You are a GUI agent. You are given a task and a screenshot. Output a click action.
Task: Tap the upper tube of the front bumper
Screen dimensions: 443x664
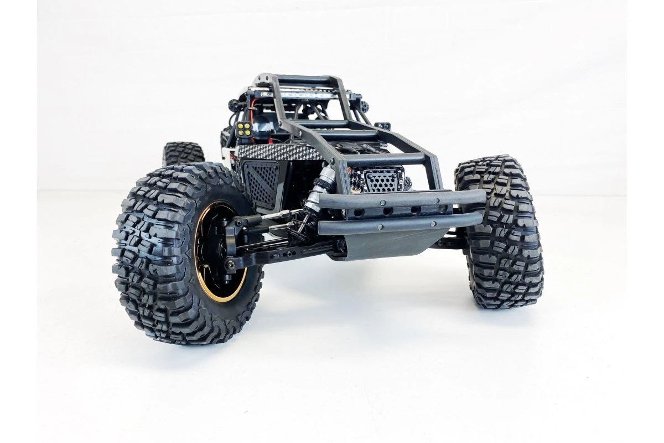tap(398, 199)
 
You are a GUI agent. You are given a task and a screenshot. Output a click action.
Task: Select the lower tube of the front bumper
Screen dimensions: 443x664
tap(387, 223)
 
